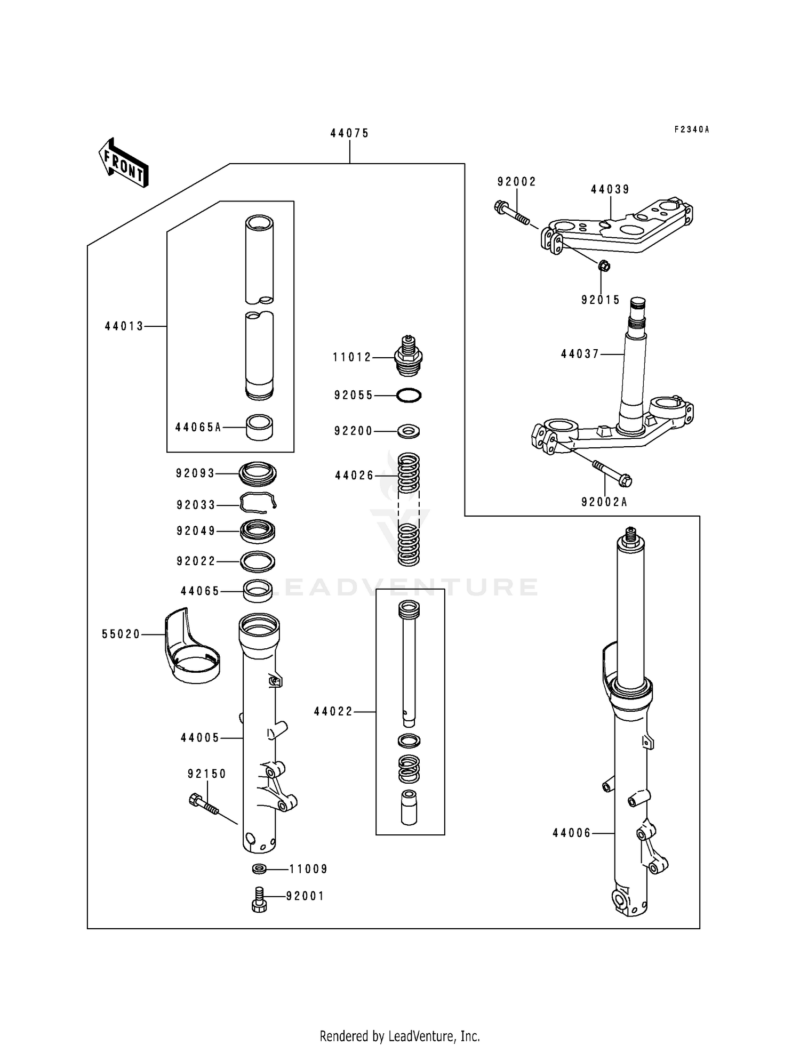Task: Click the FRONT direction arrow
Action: pyautogui.click(x=123, y=163)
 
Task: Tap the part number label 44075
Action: pyautogui.click(x=349, y=133)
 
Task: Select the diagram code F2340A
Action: pyautogui.click(x=692, y=130)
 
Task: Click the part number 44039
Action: pyautogui.click(x=610, y=189)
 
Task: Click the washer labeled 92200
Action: pyautogui.click(x=409, y=430)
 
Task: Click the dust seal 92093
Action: pyautogui.click(x=258, y=473)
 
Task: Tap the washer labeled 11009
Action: pyautogui.click(x=260, y=868)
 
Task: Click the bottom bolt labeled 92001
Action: pyautogui.click(x=259, y=899)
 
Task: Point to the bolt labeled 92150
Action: pyautogui.click(x=204, y=804)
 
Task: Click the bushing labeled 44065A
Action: pyautogui.click(x=259, y=428)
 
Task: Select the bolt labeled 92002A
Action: pyautogui.click(x=612, y=472)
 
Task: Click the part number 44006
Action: pyautogui.click(x=572, y=833)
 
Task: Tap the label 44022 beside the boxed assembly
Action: pyautogui.click(x=333, y=711)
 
